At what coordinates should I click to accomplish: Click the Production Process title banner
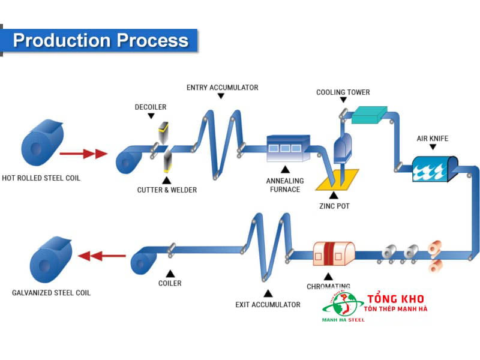pos(100,41)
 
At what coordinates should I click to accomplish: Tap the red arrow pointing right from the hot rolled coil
pos(83,154)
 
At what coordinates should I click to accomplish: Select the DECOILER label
pos(150,107)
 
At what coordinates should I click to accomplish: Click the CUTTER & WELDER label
pos(166,190)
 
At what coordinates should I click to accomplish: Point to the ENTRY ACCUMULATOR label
pos(222,88)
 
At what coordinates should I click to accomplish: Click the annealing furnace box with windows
pos(288,148)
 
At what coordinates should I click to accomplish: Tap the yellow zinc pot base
pos(337,179)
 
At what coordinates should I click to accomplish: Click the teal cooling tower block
pos(369,114)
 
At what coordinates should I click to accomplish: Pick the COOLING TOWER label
pos(343,92)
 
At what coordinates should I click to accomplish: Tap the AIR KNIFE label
pos(432,139)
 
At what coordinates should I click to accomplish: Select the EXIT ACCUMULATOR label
pos(268,305)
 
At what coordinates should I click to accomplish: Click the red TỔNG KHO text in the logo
pos(395,299)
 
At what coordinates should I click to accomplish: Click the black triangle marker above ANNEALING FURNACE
pos(285,169)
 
